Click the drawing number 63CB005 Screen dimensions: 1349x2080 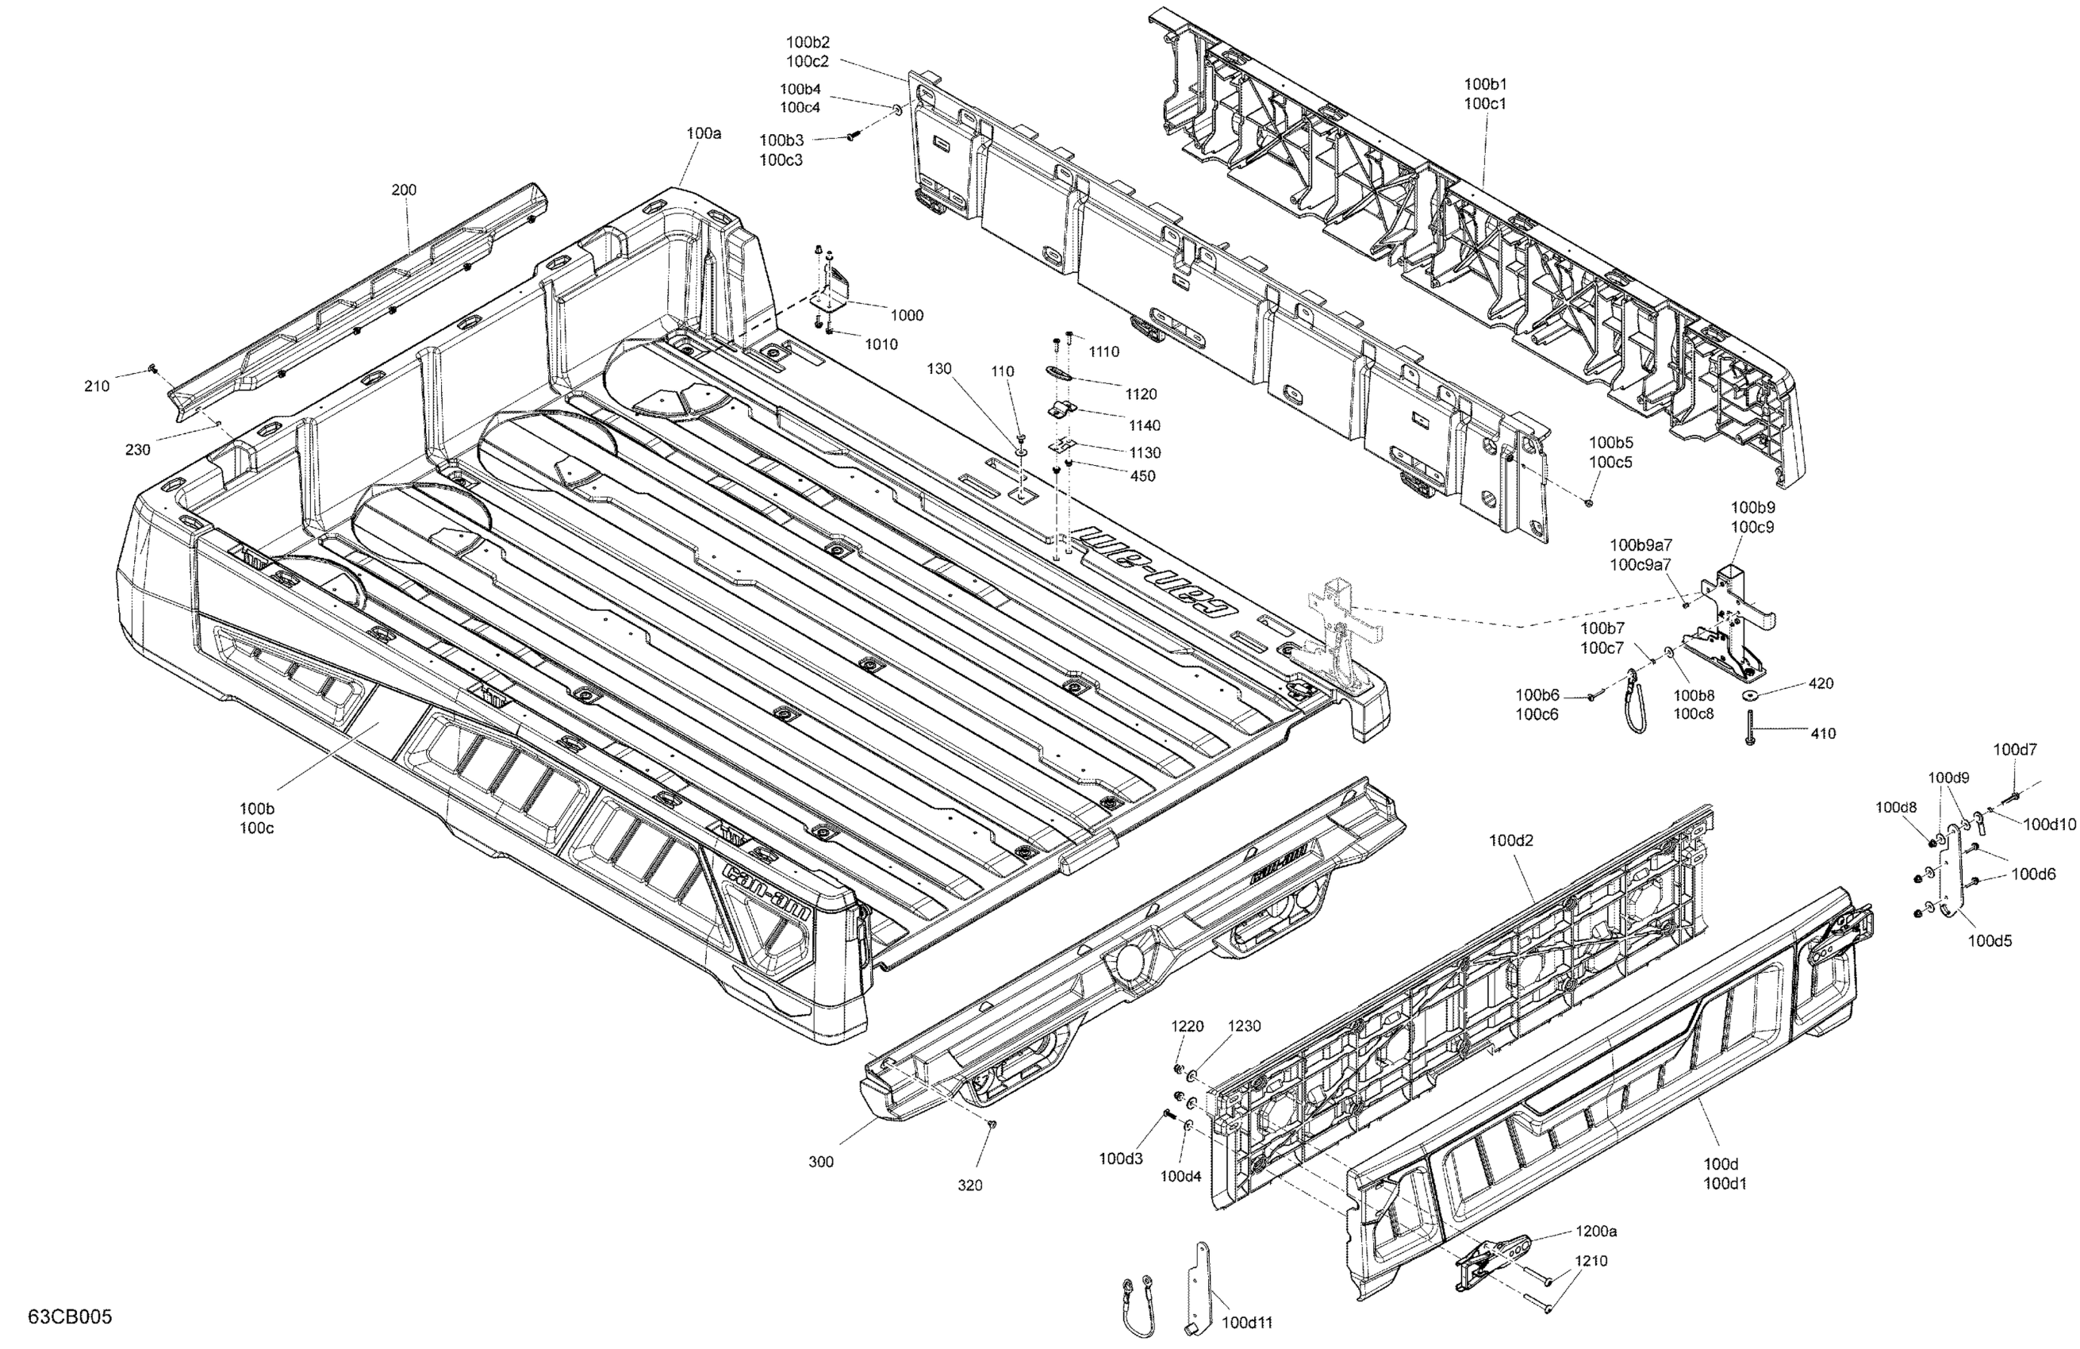[x=70, y=1316]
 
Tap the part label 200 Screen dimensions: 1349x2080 [x=404, y=190]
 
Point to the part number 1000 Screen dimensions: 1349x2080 [x=906, y=315]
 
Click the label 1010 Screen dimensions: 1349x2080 [x=881, y=344]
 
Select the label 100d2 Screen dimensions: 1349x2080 [x=1511, y=841]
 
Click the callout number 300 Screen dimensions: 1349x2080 [x=820, y=1162]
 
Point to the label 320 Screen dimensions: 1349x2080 [x=970, y=1186]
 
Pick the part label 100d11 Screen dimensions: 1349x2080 [x=1246, y=1323]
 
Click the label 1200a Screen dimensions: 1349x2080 [x=1596, y=1232]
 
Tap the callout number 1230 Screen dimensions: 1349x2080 [x=1245, y=1026]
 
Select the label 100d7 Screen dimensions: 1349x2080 [x=2014, y=749]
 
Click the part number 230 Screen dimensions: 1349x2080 [x=137, y=450]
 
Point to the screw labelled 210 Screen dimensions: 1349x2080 [x=152, y=369]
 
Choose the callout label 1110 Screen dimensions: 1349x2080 [x=1103, y=352]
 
